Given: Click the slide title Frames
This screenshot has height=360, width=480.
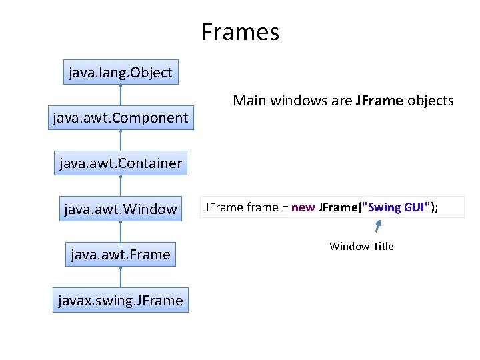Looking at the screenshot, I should tap(240, 32).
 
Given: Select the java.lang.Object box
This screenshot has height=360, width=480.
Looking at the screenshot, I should tap(121, 72).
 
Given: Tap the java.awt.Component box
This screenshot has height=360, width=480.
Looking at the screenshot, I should tap(121, 118).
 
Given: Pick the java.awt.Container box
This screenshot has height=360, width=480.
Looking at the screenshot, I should tap(121, 163).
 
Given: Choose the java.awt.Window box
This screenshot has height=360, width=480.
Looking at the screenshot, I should tap(121, 209).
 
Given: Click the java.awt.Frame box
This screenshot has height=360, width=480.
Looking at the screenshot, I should tap(121, 254).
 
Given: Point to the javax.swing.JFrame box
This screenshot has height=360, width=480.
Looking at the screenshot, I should tap(121, 300).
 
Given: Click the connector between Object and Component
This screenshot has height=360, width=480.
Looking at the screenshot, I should tap(121, 95).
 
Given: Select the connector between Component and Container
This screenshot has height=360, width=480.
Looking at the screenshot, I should tap(121, 141).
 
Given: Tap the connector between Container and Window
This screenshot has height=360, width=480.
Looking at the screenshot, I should tap(121, 186).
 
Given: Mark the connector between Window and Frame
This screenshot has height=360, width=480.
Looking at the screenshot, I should tap(121, 231).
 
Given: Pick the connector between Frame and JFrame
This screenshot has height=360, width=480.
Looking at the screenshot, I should tap(121, 277).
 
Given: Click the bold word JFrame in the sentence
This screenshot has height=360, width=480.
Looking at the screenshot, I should tap(379, 101).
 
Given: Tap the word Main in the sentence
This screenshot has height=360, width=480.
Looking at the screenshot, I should tap(248, 101).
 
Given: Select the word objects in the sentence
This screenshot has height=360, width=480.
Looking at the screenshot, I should tap(431, 101).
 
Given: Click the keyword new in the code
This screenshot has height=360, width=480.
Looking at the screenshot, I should tap(303, 207).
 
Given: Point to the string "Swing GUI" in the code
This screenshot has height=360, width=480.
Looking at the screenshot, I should tap(396, 207).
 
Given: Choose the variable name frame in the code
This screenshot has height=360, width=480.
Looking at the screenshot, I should tap(263, 207).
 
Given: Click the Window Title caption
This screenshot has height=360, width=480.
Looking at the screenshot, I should tap(361, 247).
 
